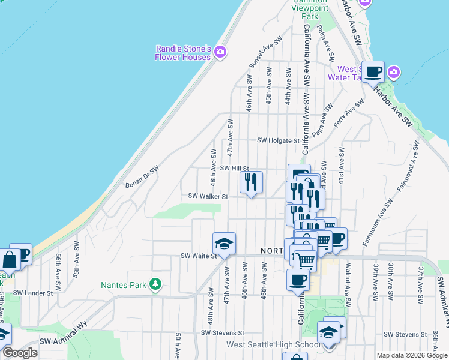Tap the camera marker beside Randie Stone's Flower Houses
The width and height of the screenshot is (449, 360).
pyautogui.click(x=220, y=52)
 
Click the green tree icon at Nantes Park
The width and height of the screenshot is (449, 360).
pyautogui.click(x=155, y=283)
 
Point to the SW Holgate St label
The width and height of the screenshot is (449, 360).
pyautogui.click(x=278, y=140)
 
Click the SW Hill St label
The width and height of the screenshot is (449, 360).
pyautogui.click(x=234, y=169)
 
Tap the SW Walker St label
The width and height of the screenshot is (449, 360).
pyautogui.click(x=208, y=196)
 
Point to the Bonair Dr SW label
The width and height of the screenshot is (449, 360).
pyautogui.click(x=142, y=176)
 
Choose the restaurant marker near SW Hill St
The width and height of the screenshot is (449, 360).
pyautogui.click(x=252, y=181)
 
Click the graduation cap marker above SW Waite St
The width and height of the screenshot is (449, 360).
pyautogui.click(x=224, y=243)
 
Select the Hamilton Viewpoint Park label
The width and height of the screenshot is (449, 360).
pyautogui.click(x=311, y=5)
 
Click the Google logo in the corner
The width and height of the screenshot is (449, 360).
pyautogui.click(x=20, y=353)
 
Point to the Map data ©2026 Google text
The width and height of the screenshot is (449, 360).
pyautogui.click(x=412, y=355)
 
